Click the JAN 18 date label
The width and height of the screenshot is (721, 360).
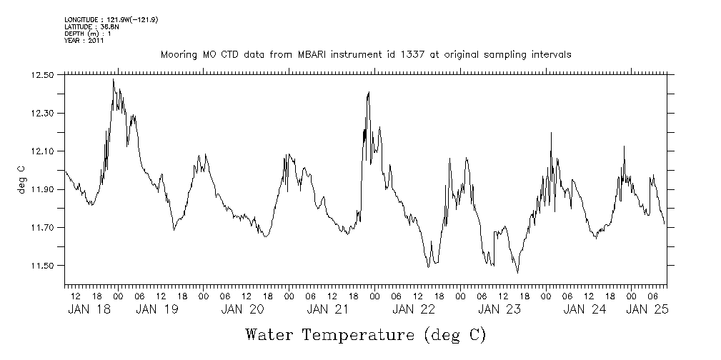(x=89, y=309)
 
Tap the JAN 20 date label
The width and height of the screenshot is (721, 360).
(x=242, y=309)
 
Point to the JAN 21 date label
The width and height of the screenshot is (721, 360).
(x=327, y=309)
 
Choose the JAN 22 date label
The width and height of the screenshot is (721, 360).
(x=413, y=309)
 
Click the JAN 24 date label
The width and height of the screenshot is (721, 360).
(x=585, y=309)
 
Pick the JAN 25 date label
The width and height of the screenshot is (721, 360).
(x=647, y=309)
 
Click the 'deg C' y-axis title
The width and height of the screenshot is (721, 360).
(x=21, y=179)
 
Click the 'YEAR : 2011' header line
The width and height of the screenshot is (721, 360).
(x=84, y=41)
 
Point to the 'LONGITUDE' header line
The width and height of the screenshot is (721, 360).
(x=111, y=19)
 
